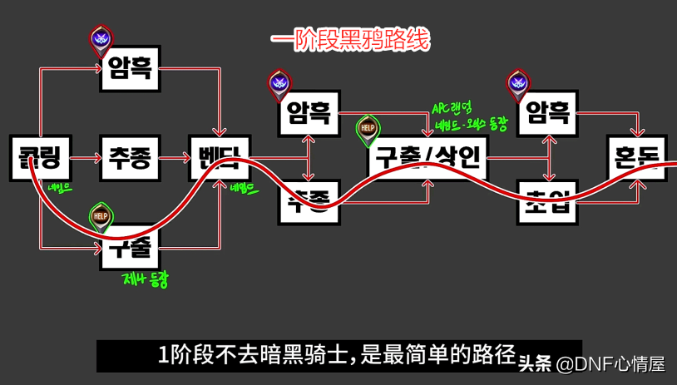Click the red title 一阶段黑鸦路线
tap(350, 40)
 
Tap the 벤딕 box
tap(219, 158)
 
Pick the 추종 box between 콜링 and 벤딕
tap(129, 158)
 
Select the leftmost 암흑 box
tap(129, 67)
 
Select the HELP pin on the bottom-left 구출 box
tap(101, 217)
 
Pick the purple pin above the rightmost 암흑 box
tap(519, 83)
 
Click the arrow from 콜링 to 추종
tap(84, 158)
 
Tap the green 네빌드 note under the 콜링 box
tap(60, 188)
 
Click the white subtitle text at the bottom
tap(337, 355)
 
